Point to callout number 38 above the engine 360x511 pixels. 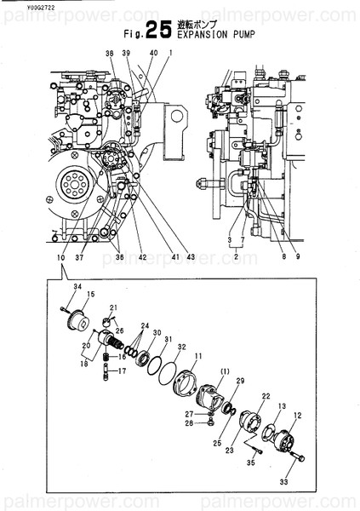point(109,55)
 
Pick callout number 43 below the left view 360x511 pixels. point(191,257)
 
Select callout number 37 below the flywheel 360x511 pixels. point(78,257)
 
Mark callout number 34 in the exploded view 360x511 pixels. point(76,287)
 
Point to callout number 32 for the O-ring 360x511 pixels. point(181,347)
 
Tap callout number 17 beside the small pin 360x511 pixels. point(122,371)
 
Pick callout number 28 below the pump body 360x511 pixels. point(188,422)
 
